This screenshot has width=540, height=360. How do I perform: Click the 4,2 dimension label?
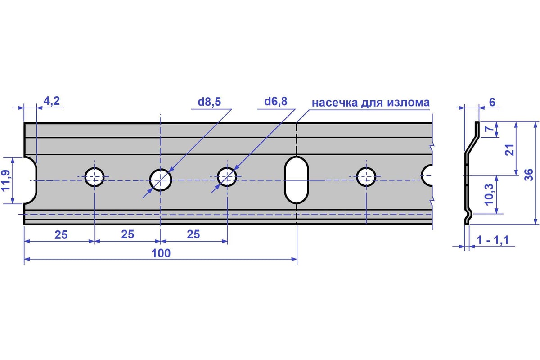click(52, 101)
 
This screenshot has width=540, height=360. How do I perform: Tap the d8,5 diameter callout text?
click(209, 102)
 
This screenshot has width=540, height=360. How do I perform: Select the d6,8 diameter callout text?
click(276, 102)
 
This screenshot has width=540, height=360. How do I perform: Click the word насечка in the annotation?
click(335, 103)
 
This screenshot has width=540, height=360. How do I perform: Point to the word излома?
click(409, 103)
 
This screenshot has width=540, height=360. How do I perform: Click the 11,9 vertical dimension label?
click(6, 180)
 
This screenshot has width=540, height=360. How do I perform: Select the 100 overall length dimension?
click(161, 253)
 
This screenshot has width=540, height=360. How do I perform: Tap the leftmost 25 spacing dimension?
click(61, 235)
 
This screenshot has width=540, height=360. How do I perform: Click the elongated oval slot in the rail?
click(297, 180)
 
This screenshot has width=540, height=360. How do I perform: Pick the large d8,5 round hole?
click(161, 180)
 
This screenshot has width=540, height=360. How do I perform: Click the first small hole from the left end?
click(94, 177)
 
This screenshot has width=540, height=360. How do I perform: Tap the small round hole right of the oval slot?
click(366, 177)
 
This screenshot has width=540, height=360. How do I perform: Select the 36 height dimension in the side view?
click(529, 175)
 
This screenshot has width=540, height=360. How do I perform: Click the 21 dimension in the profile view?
click(509, 150)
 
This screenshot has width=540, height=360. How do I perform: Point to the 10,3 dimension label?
click(490, 194)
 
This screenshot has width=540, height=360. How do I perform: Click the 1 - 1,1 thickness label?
click(493, 240)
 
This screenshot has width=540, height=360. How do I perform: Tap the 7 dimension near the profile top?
click(490, 129)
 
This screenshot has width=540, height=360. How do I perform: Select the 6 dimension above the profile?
click(492, 103)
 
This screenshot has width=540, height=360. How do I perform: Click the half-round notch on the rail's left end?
click(31, 180)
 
